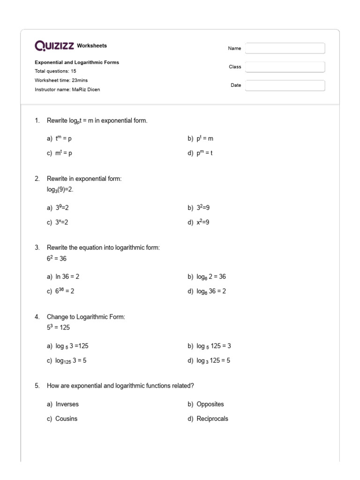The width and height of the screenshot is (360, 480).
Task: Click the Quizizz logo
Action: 54,46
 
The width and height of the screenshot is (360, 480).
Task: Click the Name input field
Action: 285,48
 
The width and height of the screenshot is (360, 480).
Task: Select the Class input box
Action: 285,67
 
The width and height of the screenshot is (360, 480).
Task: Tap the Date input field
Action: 285,85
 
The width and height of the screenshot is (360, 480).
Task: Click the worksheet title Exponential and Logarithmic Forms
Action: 77,62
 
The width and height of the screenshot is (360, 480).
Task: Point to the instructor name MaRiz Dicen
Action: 67,90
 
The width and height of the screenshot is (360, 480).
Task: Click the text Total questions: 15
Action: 55,71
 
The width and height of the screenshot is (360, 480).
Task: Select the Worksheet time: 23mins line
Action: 61,80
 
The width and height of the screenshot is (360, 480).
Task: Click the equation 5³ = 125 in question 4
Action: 58,327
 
